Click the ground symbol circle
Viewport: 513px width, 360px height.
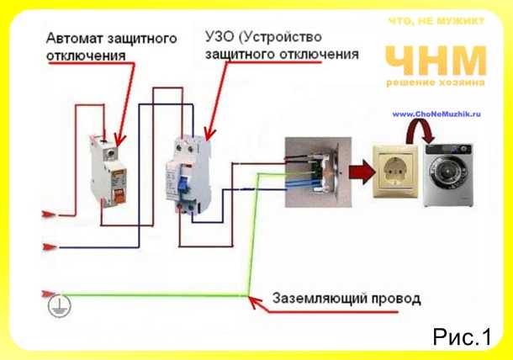point(59,305)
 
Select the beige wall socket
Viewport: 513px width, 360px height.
point(395,172)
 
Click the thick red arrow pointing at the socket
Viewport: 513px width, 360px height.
point(362,172)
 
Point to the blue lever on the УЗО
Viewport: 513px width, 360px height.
point(182,185)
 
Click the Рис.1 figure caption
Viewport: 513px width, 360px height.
point(462,336)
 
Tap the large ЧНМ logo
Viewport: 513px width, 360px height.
point(436,61)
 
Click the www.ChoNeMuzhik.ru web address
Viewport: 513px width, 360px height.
point(436,114)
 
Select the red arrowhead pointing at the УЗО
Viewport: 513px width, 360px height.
point(209,135)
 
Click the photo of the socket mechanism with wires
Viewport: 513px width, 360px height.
point(319,172)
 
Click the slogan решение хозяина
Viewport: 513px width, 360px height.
point(436,82)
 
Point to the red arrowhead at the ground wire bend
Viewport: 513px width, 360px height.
point(255,302)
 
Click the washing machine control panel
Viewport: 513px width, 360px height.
point(448,150)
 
